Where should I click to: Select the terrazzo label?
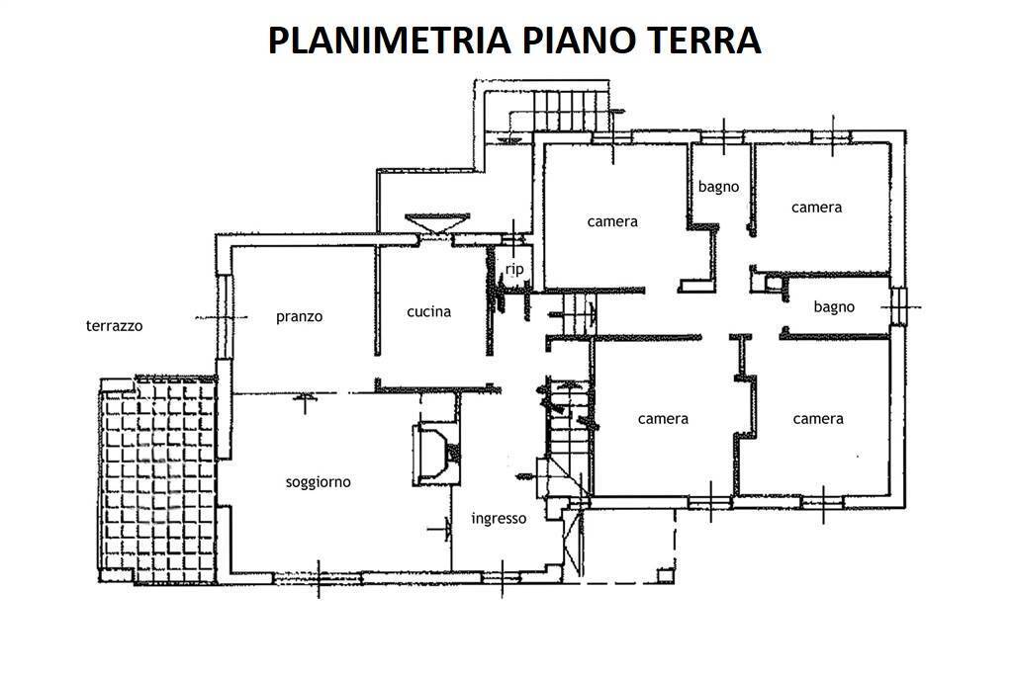115,324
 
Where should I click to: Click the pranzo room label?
299,316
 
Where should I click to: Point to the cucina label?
428,311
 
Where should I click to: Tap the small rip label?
513,269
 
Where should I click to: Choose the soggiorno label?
318,482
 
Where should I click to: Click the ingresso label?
499,518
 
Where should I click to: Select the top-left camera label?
612,221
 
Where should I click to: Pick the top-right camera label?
816,207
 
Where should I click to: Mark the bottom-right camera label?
818,418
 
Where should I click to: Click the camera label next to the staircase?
663,418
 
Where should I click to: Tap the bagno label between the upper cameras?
719,186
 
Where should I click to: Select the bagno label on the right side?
834,306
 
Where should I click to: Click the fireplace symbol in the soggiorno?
435,454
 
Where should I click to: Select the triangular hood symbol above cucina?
436,223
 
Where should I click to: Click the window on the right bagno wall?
897,305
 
